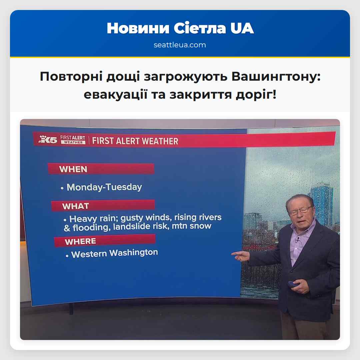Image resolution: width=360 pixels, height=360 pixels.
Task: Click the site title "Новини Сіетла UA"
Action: point(180,29)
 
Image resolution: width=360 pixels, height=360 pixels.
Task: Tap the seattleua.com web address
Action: point(180,45)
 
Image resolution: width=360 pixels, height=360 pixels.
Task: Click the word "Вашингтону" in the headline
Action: point(276,77)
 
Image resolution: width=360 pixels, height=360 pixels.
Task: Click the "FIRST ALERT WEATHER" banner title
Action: point(135,141)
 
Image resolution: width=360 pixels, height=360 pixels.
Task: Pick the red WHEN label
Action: point(73,169)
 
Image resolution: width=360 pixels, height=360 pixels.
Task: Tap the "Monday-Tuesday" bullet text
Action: point(104,187)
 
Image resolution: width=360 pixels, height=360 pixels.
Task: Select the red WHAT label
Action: point(75,206)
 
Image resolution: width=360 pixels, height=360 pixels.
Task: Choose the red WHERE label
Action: point(80,241)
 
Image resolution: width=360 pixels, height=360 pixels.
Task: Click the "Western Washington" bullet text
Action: point(114,253)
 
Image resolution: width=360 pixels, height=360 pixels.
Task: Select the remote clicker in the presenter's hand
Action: point(293,284)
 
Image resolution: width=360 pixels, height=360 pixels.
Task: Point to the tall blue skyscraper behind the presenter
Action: point(321,200)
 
